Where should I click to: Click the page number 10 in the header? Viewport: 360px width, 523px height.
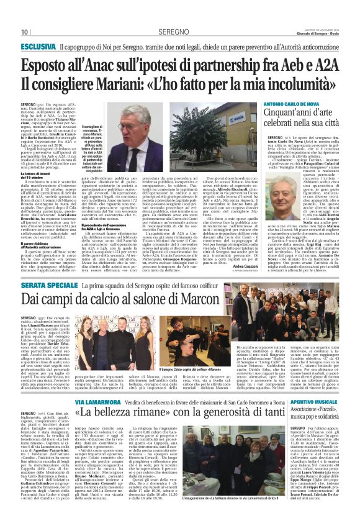point(24,32)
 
